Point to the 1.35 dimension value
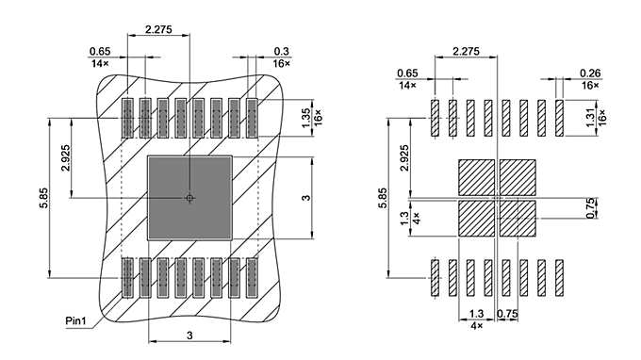(306, 116)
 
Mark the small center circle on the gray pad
(189, 198)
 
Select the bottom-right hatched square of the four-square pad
(518, 218)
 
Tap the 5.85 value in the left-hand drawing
(44, 198)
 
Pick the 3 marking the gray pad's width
(189, 335)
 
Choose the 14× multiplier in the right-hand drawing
(407, 86)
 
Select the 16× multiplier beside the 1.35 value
(320, 116)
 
